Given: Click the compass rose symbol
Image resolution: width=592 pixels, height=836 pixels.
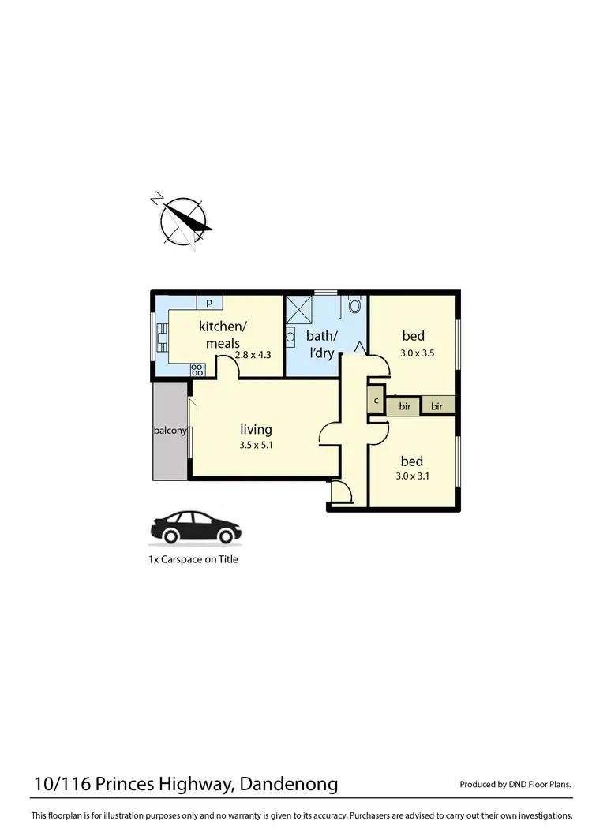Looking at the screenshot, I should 183,222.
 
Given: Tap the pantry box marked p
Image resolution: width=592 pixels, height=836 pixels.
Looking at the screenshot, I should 209,302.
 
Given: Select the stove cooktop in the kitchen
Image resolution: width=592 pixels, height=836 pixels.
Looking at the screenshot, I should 197,368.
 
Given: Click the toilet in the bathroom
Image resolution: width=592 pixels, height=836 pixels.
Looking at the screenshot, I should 354,304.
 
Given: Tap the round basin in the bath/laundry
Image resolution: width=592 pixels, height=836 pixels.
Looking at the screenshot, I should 290,335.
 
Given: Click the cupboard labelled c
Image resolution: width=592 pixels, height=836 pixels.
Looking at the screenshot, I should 376,401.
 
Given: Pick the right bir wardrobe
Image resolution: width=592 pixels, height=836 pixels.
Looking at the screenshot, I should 438,406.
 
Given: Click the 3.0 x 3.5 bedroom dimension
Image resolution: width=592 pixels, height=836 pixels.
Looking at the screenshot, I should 417,353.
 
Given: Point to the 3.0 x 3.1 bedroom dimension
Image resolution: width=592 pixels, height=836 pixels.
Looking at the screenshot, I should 411,476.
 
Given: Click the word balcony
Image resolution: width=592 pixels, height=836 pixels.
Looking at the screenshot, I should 170,431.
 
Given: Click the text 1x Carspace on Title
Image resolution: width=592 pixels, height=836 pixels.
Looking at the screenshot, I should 193,559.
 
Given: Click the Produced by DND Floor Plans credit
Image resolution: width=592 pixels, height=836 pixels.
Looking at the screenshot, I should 515,785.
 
